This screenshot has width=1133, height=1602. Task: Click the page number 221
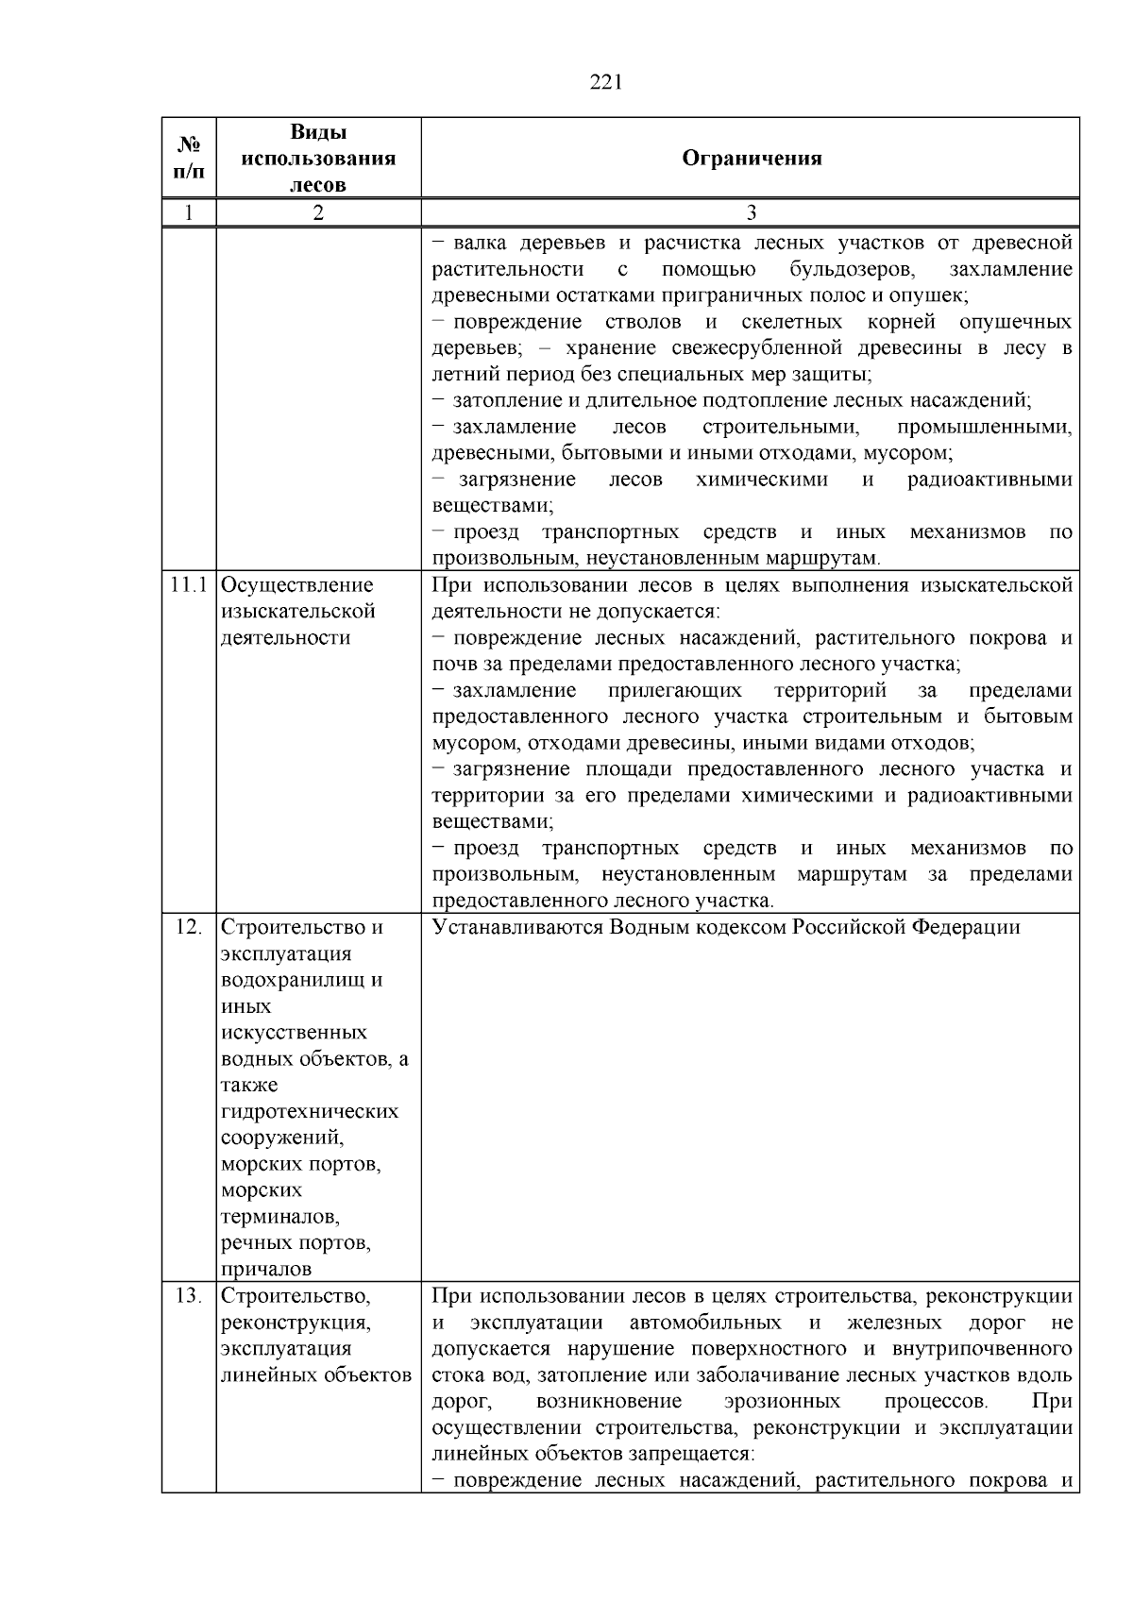pyautogui.click(x=605, y=83)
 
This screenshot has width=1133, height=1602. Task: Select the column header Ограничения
pyautogui.click(x=751, y=158)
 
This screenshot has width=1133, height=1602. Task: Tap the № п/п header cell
pyautogui.click(x=189, y=158)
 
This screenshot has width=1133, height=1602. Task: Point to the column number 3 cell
pyautogui.click(x=751, y=212)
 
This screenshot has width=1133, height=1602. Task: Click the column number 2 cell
pyautogui.click(x=318, y=212)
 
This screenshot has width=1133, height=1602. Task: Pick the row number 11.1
pyautogui.click(x=189, y=585)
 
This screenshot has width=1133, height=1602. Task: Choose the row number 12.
pyautogui.click(x=189, y=927)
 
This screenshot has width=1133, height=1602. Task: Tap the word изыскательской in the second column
pyautogui.click(x=297, y=612)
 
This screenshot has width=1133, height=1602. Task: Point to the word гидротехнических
pyautogui.click(x=310, y=1111)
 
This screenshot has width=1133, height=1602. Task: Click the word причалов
pyautogui.click(x=265, y=1270)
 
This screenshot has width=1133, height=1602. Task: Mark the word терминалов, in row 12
pyautogui.click(x=280, y=1217)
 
